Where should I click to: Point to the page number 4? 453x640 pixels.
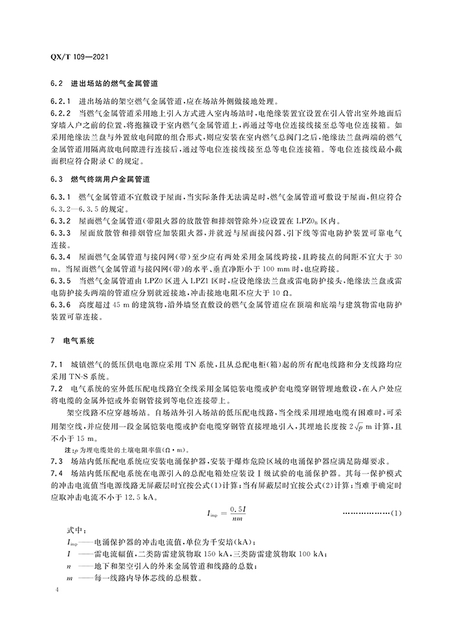58,591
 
